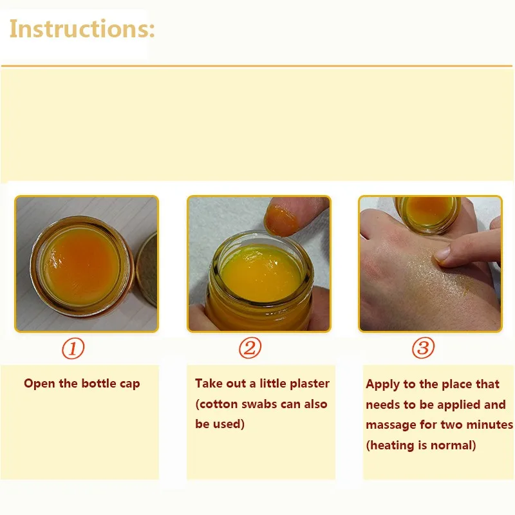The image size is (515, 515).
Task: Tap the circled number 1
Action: pyautogui.click(x=73, y=348)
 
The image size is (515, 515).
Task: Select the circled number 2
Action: pyautogui.click(x=250, y=348)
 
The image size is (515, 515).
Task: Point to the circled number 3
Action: pyautogui.click(x=423, y=348)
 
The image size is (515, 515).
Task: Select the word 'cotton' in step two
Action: pyautogui.click(x=218, y=404)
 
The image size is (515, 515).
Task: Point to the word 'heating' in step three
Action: pyautogui.click(x=393, y=445)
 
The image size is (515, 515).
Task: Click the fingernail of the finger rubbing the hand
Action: pyautogui.click(x=442, y=254)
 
